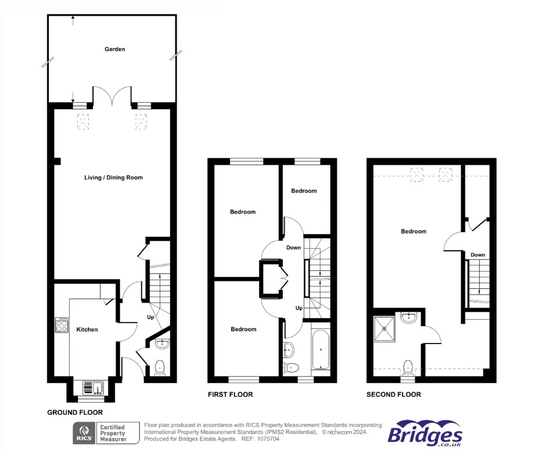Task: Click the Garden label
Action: (114, 49)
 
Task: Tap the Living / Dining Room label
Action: (113, 178)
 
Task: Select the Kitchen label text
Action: (87, 330)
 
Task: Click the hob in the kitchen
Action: (61, 325)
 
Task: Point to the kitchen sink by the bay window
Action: (93, 386)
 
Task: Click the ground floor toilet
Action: (160, 367)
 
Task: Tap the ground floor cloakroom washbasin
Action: (163, 345)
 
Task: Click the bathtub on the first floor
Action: (321, 350)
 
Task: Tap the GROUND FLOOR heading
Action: (75, 413)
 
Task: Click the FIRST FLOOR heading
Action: (231, 395)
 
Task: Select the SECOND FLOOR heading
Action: (394, 395)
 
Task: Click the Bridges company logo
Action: (425, 434)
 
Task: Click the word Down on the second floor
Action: (478, 255)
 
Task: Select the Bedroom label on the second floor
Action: (413, 232)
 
